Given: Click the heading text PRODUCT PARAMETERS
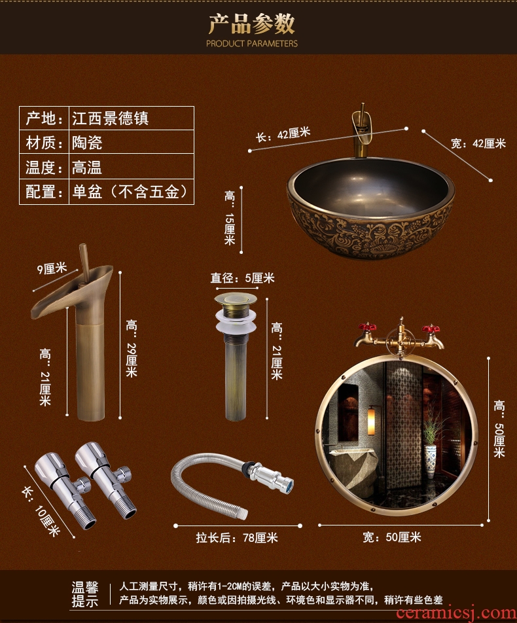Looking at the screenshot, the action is (x=251, y=43).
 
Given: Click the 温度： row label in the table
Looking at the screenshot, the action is (x=44, y=167).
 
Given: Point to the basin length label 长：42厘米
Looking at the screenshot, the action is (x=283, y=134).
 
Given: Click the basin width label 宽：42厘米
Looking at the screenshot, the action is (x=478, y=143).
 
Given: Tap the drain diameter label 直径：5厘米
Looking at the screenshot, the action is (x=242, y=277).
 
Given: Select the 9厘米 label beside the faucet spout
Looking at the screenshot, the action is (x=52, y=268).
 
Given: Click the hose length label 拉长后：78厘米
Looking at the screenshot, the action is (x=237, y=537).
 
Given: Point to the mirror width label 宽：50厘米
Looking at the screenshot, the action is (x=392, y=537).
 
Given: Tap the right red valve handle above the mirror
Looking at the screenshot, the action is (x=431, y=329).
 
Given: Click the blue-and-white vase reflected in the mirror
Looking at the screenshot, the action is (x=430, y=461).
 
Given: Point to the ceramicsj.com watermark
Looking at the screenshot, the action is (x=456, y=613).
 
